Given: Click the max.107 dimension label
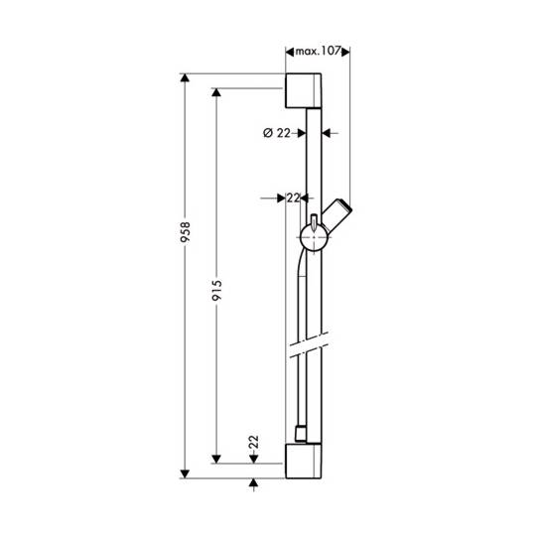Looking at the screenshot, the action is click(318, 52).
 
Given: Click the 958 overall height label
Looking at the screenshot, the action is click(186, 232).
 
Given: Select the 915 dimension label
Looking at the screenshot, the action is click(216, 291).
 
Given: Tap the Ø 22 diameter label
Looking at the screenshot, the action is click(277, 133).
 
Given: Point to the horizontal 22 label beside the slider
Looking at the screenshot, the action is click(293, 198).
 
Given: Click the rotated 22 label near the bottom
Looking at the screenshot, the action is click(253, 442).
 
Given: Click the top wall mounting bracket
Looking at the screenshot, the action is click(303, 90).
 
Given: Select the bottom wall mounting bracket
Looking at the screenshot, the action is click(303, 461).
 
